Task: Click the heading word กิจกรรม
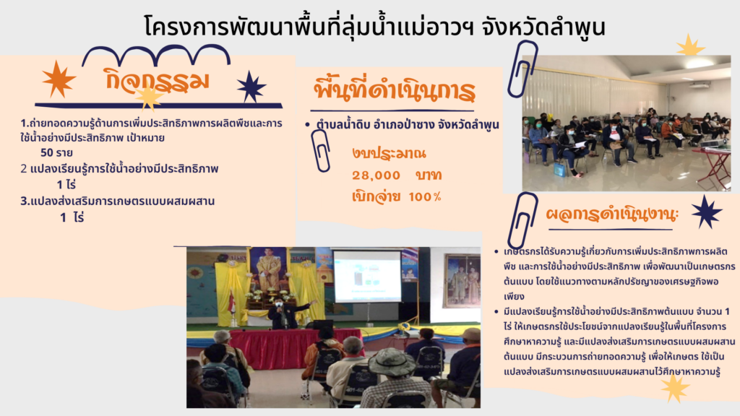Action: point(157,79)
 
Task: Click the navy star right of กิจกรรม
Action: point(251,87)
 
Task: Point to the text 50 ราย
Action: point(56,152)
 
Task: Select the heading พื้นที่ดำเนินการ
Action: point(395,89)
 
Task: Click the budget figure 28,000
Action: point(376,175)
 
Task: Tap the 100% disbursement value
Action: point(425,196)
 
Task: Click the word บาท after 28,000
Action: point(429,175)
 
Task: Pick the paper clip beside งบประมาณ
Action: point(321,151)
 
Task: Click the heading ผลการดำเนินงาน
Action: point(612,214)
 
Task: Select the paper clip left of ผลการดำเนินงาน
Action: point(523,220)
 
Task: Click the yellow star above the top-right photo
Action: point(690,45)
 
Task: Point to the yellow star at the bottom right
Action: point(675,388)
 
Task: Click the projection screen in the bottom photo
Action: point(367,277)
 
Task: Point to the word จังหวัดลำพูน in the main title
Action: point(543,27)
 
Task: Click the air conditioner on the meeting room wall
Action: point(700,84)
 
